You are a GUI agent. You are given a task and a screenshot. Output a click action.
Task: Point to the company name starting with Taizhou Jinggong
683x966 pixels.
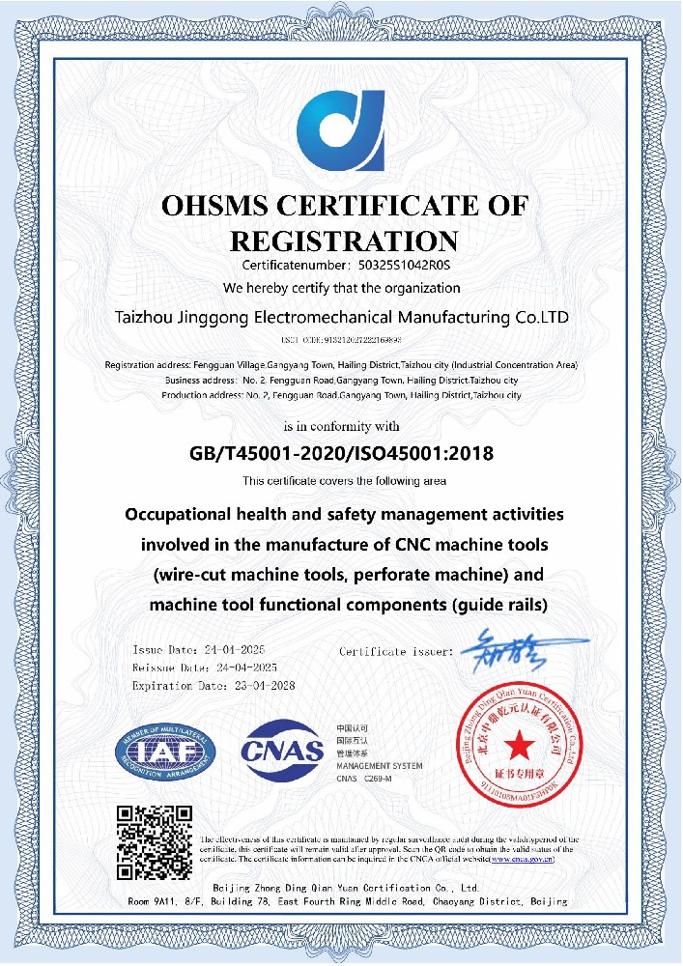[341, 317]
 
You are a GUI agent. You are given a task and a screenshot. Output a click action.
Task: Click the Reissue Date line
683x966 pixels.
[205, 667]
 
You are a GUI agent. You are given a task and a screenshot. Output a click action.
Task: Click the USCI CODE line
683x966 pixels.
[341, 341]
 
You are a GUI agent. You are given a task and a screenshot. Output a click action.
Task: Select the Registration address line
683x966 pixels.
[341, 365]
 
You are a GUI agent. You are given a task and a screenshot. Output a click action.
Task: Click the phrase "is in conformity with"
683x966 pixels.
[341, 426]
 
